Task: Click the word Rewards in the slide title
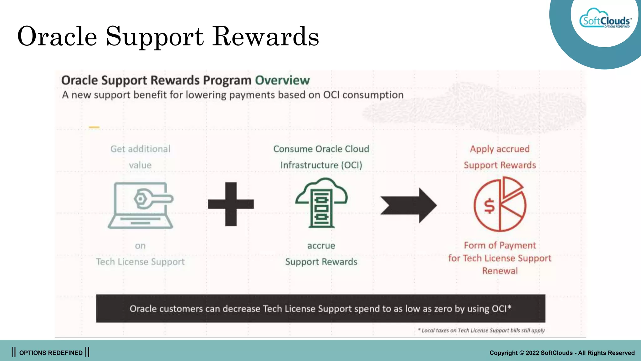pyautogui.click(x=266, y=37)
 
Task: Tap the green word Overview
pyautogui.click(x=282, y=81)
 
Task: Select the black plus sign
pyautogui.click(x=231, y=204)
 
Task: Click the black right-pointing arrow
pyautogui.click(x=409, y=205)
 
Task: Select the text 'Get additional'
pyautogui.click(x=140, y=149)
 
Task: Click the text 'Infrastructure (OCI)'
pyautogui.click(x=321, y=165)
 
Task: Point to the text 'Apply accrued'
pyautogui.click(x=500, y=149)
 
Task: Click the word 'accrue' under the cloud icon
pyautogui.click(x=321, y=246)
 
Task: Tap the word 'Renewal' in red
pyautogui.click(x=500, y=271)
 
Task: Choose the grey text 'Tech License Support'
pyautogui.click(x=140, y=262)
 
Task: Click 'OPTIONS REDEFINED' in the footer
pyautogui.click(x=51, y=353)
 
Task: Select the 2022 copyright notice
pyautogui.click(x=562, y=353)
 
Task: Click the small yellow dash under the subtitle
pyautogui.click(x=94, y=127)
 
